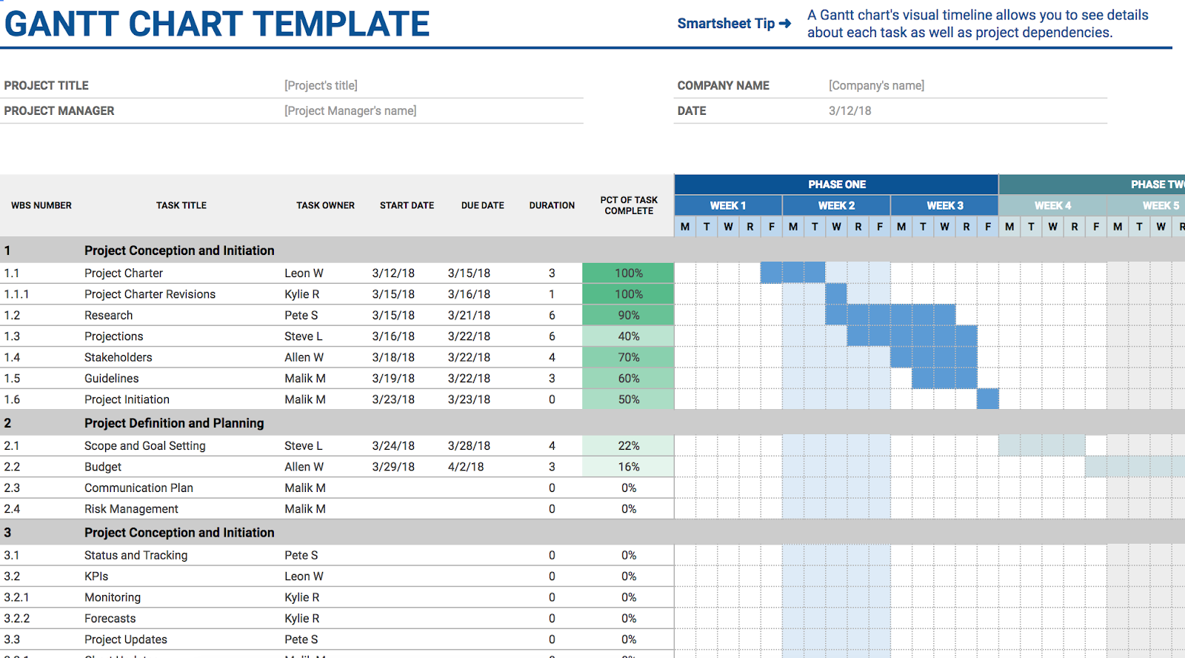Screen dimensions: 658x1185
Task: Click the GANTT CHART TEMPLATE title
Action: point(217,24)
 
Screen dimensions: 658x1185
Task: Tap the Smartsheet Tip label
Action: point(726,24)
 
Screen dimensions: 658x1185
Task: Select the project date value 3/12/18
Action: point(849,111)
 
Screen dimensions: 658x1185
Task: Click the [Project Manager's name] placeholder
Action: point(350,111)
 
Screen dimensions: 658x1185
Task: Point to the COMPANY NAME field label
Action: point(723,86)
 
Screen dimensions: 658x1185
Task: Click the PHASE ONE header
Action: point(836,185)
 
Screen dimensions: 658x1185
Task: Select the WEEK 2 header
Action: point(836,206)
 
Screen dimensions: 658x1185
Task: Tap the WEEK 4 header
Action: point(1052,206)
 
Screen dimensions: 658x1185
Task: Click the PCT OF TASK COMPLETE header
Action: point(629,205)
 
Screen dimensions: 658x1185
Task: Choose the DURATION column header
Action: point(552,205)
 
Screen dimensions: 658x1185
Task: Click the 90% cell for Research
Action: point(629,315)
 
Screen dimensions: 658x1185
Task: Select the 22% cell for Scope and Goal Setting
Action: point(629,446)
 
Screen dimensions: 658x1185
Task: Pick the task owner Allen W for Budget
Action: point(304,467)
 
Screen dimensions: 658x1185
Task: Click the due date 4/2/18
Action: point(466,467)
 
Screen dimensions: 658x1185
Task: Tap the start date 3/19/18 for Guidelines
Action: point(393,379)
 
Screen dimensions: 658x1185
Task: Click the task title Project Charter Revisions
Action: point(150,294)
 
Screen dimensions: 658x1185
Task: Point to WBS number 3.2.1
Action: point(16,597)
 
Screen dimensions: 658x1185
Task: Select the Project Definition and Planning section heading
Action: point(174,423)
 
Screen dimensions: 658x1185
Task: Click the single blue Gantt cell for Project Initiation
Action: point(987,399)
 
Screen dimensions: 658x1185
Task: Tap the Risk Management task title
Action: point(131,509)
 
